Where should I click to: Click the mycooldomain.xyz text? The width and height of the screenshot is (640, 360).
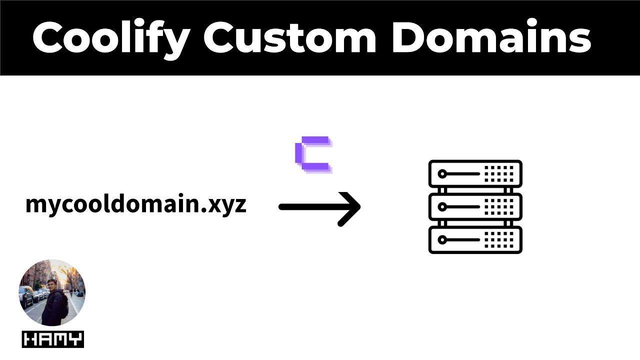click(x=135, y=204)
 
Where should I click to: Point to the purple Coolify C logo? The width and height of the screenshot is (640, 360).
click(x=313, y=154)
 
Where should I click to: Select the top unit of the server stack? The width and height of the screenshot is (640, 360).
click(x=475, y=174)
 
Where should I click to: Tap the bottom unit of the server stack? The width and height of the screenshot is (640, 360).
click(x=475, y=240)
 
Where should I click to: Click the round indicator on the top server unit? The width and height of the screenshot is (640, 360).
click(x=441, y=174)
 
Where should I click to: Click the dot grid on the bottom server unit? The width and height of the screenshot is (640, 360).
click(x=498, y=240)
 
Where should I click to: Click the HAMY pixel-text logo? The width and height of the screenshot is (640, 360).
click(x=52, y=340)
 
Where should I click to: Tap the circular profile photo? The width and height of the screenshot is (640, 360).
click(x=52, y=293)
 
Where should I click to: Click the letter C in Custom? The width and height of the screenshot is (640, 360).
click(x=220, y=38)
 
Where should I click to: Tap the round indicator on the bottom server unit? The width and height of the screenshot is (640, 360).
click(x=441, y=240)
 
